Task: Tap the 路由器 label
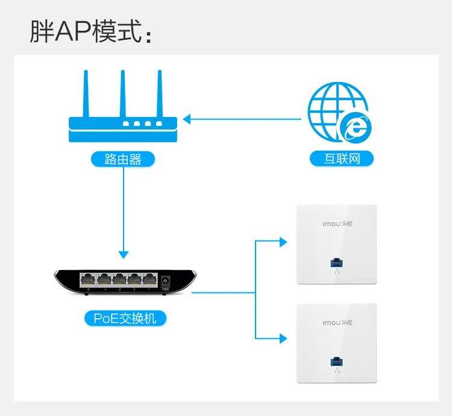point(123,159)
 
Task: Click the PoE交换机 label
point(125,318)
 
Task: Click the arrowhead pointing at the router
point(187,119)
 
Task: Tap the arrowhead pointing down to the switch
point(123,253)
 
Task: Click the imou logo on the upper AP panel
point(335,223)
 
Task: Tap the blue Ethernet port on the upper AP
point(333,263)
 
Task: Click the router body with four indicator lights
point(123,128)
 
